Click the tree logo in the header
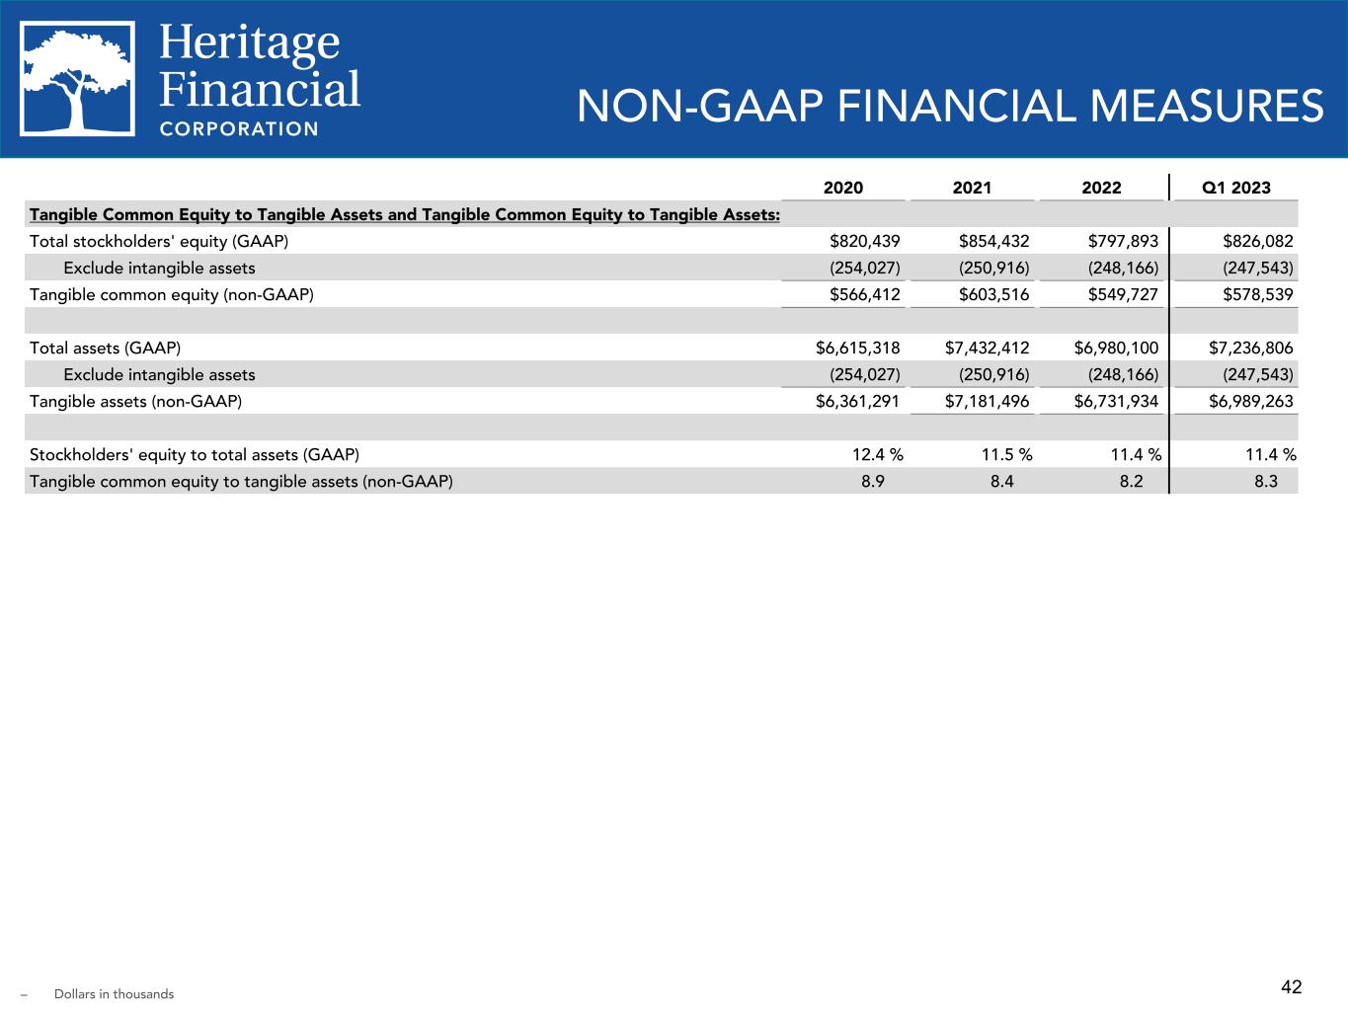[x=78, y=78]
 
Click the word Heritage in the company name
[x=249, y=43]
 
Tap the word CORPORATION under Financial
[x=239, y=128]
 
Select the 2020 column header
[x=843, y=188]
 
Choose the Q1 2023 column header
[x=1236, y=188]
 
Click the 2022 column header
[x=1102, y=188]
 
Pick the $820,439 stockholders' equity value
[x=865, y=241]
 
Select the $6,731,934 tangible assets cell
[x=1116, y=401]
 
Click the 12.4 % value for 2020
[x=878, y=454]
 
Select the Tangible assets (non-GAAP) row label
[x=136, y=401]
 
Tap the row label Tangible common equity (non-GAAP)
[x=172, y=294]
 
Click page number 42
[x=1292, y=986]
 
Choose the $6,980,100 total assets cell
[x=1116, y=348]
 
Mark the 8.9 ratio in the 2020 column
[x=872, y=482]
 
